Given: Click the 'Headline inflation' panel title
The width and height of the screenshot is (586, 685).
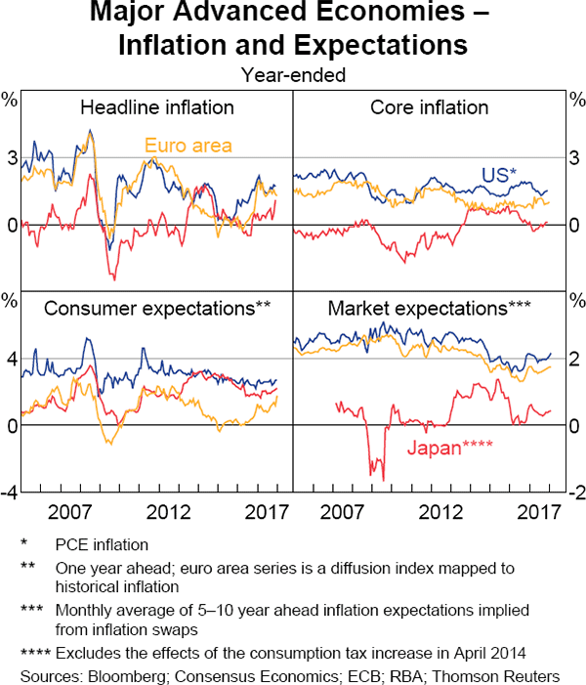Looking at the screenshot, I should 157,107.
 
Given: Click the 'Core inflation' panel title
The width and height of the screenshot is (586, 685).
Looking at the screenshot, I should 429,107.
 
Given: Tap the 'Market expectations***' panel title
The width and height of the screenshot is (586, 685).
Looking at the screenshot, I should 429,309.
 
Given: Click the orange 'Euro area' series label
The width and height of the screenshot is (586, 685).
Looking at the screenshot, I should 188,147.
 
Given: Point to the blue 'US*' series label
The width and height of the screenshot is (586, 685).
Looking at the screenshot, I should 499,175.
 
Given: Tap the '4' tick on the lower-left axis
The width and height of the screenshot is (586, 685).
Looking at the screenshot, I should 11,360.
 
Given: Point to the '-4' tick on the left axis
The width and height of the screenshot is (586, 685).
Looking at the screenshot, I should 9,493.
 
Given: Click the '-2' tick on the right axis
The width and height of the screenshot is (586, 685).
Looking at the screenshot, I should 574,493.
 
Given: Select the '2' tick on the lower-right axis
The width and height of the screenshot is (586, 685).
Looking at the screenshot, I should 574,360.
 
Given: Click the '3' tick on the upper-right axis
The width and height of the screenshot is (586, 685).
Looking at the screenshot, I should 574,158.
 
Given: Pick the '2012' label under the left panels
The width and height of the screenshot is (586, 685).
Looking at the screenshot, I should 169,512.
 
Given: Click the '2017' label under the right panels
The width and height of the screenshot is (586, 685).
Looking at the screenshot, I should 537,512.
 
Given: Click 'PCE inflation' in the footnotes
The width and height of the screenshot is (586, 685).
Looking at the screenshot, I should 104,544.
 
